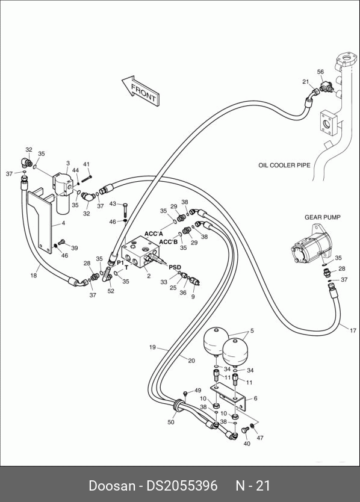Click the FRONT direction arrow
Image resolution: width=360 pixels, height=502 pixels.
tap(140, 90)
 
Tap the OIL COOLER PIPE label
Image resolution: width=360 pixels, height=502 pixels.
tap(284, 165)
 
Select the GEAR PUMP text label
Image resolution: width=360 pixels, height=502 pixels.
tap(322, 217)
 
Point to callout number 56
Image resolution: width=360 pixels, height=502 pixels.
tap(320, 72)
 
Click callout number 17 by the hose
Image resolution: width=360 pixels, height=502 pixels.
tap(353, 330)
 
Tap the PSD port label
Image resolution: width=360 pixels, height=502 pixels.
tap(175, 267)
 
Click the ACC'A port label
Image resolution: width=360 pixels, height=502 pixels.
tap(154, 234)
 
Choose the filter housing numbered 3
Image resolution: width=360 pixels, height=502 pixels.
tap(63, 192)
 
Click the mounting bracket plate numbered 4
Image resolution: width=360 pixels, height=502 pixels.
tap(40, 220)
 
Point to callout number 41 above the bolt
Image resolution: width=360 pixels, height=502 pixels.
tap(87, 164)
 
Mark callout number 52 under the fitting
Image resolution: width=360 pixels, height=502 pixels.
tap(111, 291)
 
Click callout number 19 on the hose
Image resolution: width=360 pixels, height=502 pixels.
tap(152, 347)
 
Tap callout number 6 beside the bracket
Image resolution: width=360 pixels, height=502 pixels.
tap(255, 398)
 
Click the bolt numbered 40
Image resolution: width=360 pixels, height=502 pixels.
tap(246, 430)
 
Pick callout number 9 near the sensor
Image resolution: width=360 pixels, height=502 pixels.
tap(193, 297)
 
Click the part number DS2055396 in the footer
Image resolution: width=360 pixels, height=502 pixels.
tap(182, 485)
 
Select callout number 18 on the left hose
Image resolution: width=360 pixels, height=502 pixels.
tap(34, 275)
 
